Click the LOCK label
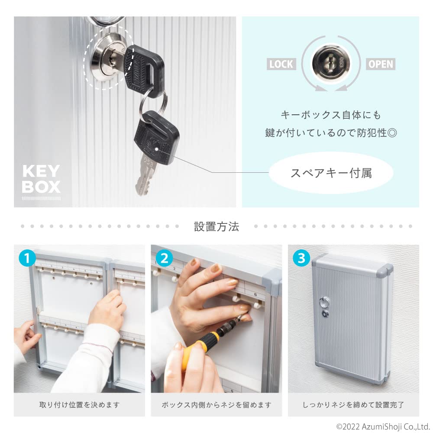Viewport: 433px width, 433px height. tap(281, 65)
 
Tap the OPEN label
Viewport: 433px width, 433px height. tap(381, 65)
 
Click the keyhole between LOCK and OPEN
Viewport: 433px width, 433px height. tap(330, 65)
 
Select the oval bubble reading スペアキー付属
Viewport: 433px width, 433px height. tap(331, 173)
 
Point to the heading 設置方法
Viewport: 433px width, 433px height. tap(216, 226)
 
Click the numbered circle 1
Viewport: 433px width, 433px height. tap(27, 259)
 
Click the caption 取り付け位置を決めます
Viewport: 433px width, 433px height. tap(79, 405)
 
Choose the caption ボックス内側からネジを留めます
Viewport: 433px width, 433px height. tap(216, 405)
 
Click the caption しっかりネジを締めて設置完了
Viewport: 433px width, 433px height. tap(353, 405)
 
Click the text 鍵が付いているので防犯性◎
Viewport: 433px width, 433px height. tap(331, 132)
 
